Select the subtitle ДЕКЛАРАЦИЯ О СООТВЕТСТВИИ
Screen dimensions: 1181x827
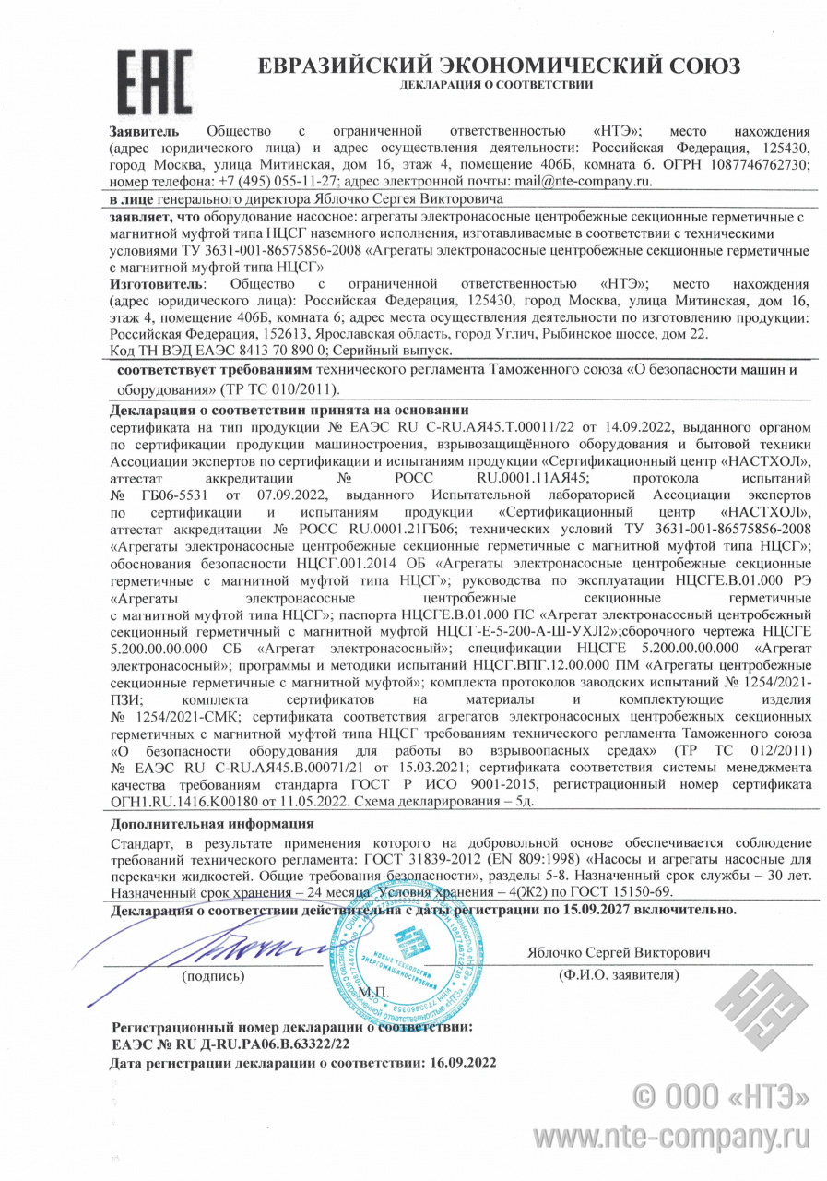pyautogui.click(x=496, y=85)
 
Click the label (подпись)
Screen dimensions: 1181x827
pyautogui.click(x=213, y=974)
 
